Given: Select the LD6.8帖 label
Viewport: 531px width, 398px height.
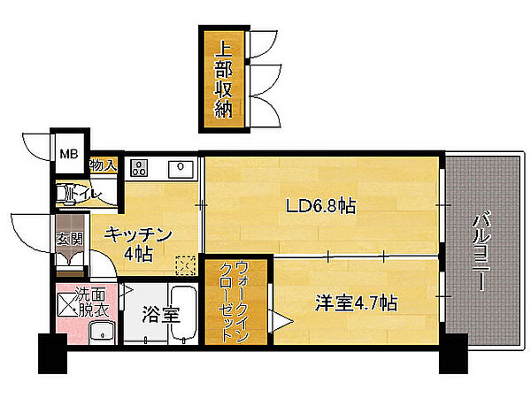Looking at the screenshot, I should point(320,206).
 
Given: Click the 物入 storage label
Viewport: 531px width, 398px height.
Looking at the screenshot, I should point(103,165).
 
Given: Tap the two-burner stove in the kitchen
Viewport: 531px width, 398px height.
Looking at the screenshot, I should point(139,167).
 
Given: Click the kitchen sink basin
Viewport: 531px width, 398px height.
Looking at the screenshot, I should point(180,168).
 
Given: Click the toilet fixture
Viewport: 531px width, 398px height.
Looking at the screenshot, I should point(66,194).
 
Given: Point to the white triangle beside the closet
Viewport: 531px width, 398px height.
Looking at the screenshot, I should point(281,318).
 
